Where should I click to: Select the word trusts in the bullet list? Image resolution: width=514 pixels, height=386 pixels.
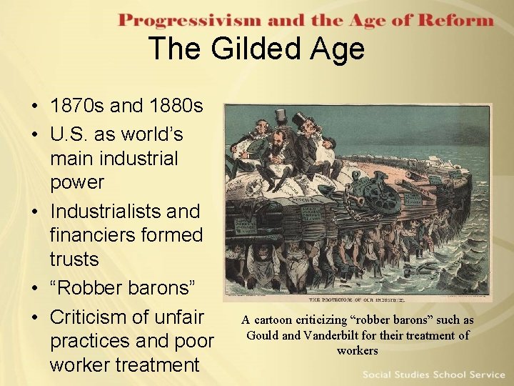[74, 258]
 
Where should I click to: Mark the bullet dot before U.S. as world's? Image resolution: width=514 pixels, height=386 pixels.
[35, 134]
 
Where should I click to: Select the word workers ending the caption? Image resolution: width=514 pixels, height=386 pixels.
[357, 350]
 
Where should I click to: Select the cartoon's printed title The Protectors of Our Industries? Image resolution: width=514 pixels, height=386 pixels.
[357, 300]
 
